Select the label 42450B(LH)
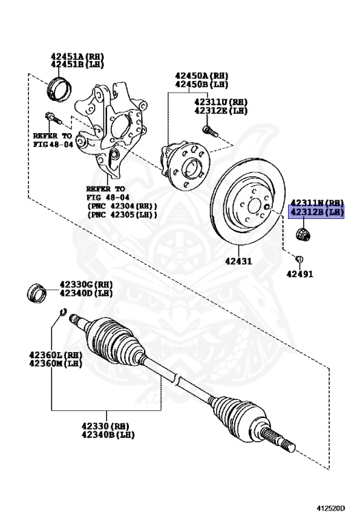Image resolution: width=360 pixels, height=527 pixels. point(201,84)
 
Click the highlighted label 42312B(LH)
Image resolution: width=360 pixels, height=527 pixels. point(316,213)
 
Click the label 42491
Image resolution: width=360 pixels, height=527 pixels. point(300,273)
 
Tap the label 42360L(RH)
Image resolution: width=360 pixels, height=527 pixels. point(56,355)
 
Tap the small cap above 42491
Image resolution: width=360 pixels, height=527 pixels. point(299,258)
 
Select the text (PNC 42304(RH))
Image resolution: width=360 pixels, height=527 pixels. point(121,205)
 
